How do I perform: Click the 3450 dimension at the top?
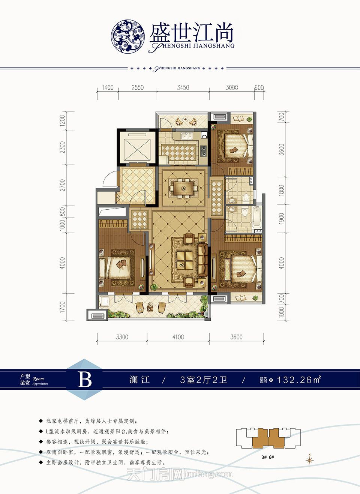[183, 87]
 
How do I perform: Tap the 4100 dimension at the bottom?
[178, 337]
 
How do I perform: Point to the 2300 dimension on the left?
[62, 147]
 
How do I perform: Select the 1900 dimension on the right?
[282, 218]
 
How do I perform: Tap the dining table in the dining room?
[184, 187]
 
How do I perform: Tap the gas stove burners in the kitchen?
[204, 150]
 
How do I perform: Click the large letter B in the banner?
[85, 380]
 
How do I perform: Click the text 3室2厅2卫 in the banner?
[204, 380]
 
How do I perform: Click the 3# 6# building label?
[268, 457]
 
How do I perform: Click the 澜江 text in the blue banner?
[140, 380]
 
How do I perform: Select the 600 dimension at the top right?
[259, 87]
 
